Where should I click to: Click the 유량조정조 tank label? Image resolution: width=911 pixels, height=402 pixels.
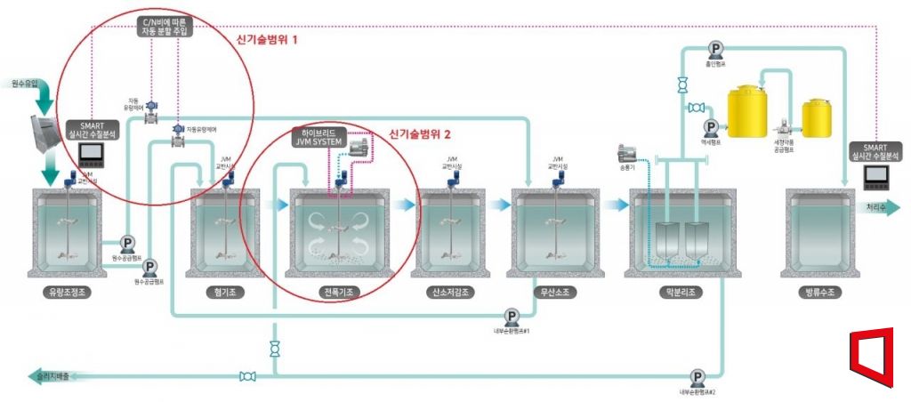(x=67, y=293)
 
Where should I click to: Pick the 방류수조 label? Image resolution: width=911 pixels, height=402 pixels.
(x=822, y=293)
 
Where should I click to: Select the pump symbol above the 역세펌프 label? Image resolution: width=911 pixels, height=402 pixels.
(x=711, y=128)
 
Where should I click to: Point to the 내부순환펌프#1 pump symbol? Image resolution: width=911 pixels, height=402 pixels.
(x=512, y=317)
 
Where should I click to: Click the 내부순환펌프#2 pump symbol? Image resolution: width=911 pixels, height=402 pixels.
(x=697, y=377)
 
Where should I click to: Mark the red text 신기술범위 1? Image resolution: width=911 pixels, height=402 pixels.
(x=267, y=40)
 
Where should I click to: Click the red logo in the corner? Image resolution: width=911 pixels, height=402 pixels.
(x=869, y=356)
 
